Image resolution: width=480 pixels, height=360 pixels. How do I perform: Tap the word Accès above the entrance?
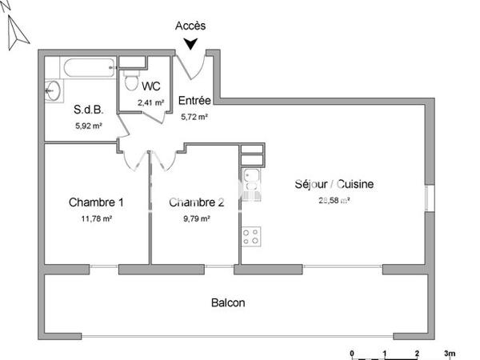click(x=190, y=26)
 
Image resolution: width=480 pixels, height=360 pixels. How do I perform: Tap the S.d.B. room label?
click(x=88, y=111)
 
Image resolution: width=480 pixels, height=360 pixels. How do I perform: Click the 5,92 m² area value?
click(x=88, y=125)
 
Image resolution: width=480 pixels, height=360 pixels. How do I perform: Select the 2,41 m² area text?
click(x=150, y=102)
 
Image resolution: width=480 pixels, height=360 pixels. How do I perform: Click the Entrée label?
click(x=194, y=101)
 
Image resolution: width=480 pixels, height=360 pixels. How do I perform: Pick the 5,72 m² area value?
click(x=194, y=116)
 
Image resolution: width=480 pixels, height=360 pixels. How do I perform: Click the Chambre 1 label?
click(x=96, y=202)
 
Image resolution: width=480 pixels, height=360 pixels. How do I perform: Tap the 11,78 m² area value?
click(x=96, y=218)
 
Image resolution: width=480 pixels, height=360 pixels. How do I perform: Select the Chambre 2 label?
click(x=196, y=202)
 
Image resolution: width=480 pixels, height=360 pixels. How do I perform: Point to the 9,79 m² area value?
click(x=196, y=218)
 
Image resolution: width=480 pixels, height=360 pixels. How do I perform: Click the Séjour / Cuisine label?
click(x=334, y=184)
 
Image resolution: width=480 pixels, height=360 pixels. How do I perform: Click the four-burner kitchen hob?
click(x=250, y=236)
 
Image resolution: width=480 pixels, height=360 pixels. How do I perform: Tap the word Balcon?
click(x=228, y=303)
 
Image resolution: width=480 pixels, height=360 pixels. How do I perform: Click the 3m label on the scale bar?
click(x=450, y=353)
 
